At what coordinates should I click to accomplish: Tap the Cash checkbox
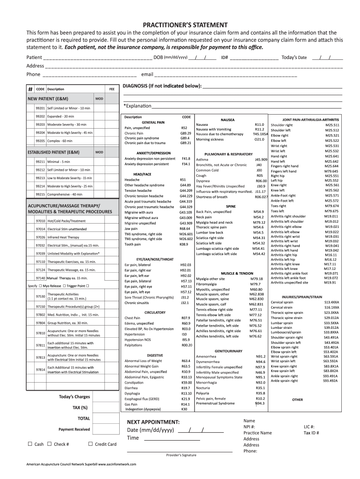30,444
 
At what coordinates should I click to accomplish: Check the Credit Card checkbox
90,444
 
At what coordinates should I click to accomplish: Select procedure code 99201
40,108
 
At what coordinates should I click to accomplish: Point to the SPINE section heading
230,206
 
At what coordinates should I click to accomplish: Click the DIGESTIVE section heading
155,355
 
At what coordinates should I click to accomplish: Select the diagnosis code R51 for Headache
183,179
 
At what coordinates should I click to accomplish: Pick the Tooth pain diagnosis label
133,244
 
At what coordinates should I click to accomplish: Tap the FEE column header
112,89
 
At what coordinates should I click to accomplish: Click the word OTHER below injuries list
297,400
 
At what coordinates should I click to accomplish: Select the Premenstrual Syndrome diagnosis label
215,403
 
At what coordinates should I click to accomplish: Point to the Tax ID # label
311,433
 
